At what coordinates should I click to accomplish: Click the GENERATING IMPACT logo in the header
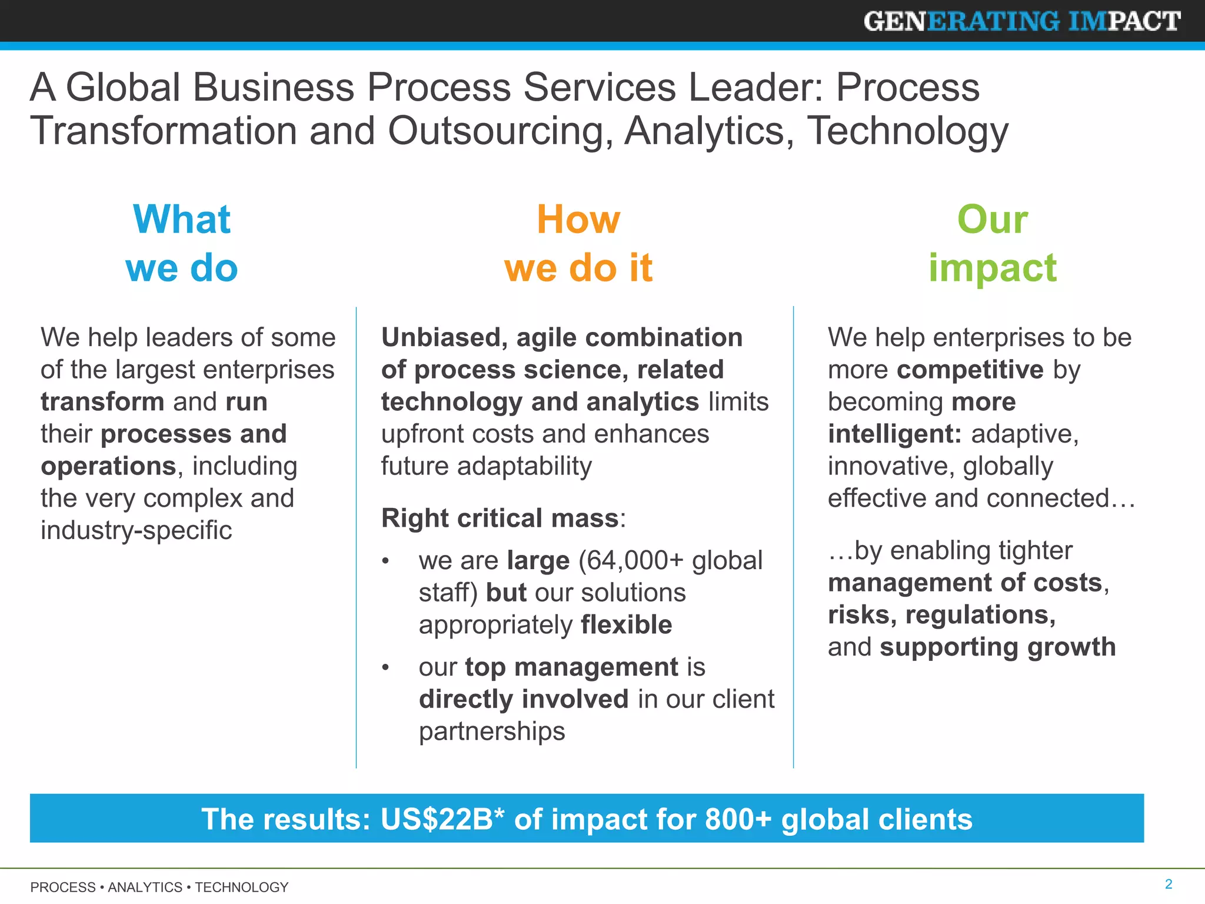1022,21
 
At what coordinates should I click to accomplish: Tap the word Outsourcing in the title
496,131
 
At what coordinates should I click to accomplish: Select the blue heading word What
182,219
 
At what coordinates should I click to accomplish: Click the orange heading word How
578,219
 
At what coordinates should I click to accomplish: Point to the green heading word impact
993,268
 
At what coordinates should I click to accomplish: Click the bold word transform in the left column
102,402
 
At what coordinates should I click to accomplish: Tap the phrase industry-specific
136,530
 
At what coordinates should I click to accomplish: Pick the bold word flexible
626,624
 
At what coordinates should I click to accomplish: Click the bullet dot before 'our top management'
385,668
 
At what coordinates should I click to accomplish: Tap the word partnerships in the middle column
492,732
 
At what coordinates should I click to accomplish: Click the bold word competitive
970,370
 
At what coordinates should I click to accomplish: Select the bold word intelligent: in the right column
894,434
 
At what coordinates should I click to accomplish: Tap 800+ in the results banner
738,819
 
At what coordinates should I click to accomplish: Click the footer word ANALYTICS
145,887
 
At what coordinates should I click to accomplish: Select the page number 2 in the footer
1169,884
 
